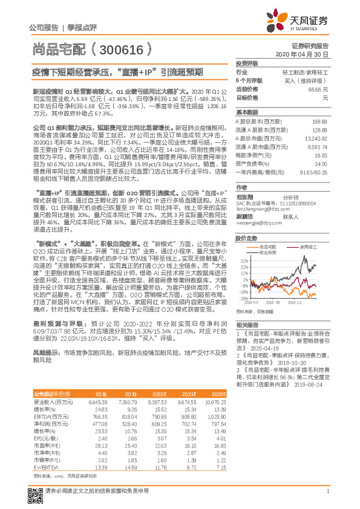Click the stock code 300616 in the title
click(x=125, y=48)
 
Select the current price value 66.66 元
click(x=318, y=88)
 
